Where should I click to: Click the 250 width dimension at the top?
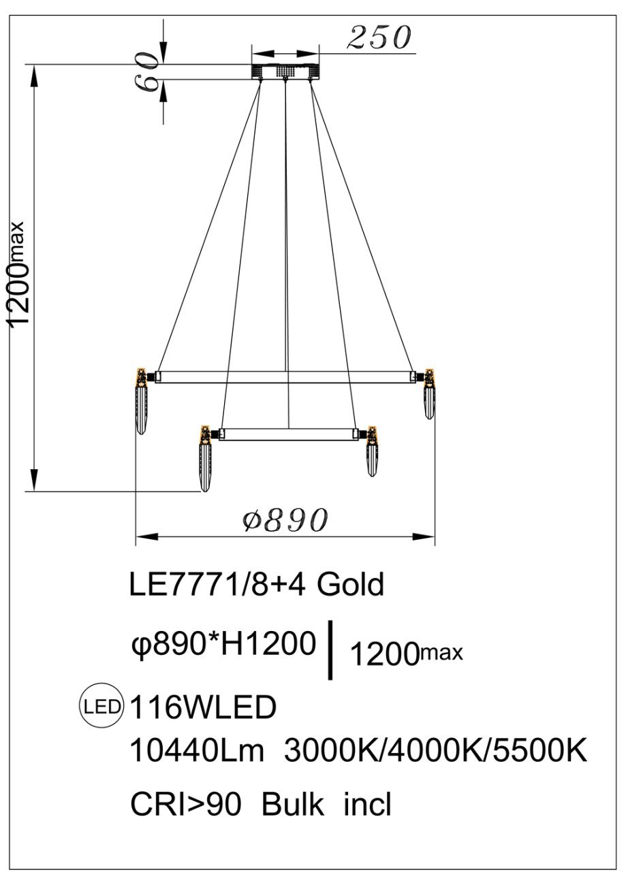(379, 37)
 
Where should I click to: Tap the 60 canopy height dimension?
(146, 72)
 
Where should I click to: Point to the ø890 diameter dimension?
(285, 519)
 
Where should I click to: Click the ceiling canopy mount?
(285, 71)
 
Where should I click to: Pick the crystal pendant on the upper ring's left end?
(142, 401)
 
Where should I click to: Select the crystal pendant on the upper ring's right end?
(429, 393)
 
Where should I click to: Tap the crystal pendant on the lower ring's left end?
(205, 458)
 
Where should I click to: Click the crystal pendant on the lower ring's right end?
(372, 451)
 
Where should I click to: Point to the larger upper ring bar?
(285, 377)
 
